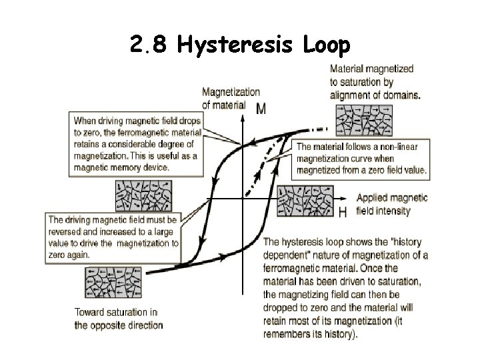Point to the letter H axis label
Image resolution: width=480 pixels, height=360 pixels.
pos(343,212)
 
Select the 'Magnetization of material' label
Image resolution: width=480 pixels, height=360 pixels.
pos(231,98)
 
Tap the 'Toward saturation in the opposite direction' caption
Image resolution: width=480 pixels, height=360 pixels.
pos(119,319)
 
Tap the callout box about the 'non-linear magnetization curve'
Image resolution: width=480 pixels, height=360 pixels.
pos(361,159)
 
